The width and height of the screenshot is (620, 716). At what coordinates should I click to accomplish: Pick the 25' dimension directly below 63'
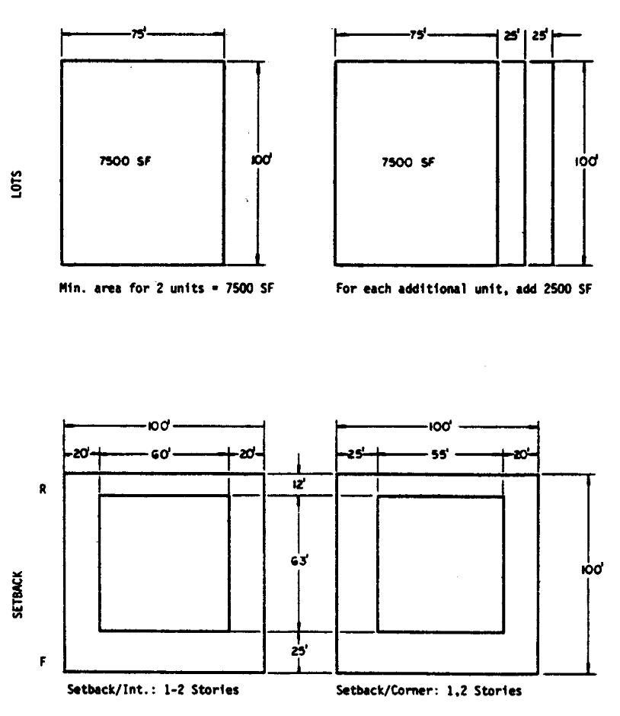click(x=298, y=653)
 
